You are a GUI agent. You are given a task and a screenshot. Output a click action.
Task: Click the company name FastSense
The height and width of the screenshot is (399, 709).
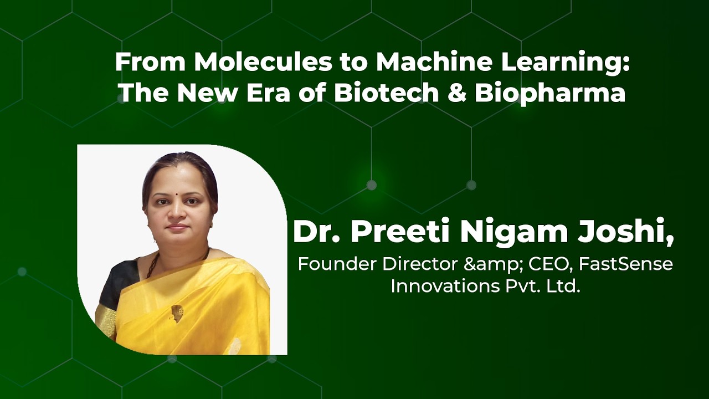(626, 264)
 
